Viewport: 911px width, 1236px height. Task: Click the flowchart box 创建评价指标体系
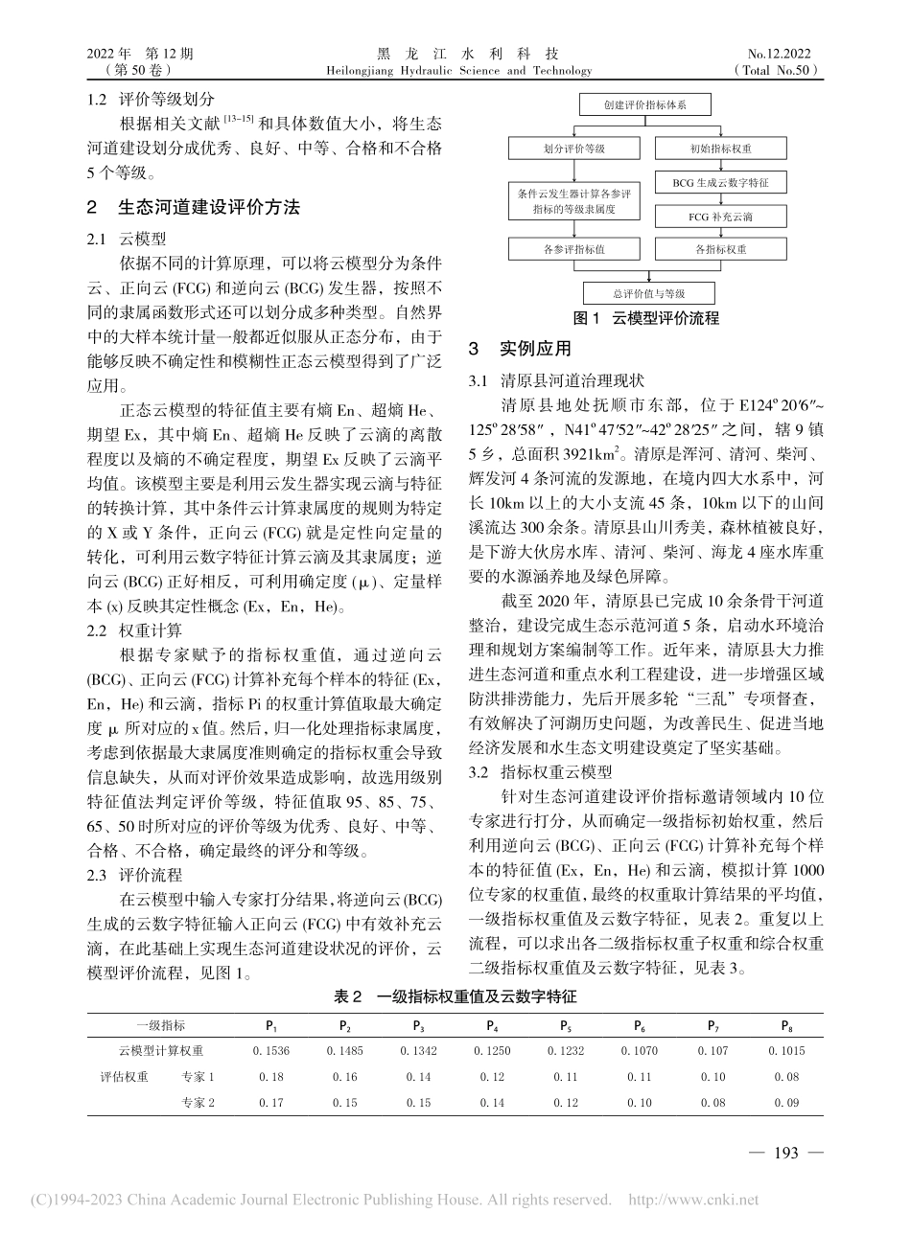point(644,104)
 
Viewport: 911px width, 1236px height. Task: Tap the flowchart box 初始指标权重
point(719,149)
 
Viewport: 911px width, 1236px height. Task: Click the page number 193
point(784,1153)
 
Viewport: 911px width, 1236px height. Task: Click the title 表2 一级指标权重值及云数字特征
point(455,996)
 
